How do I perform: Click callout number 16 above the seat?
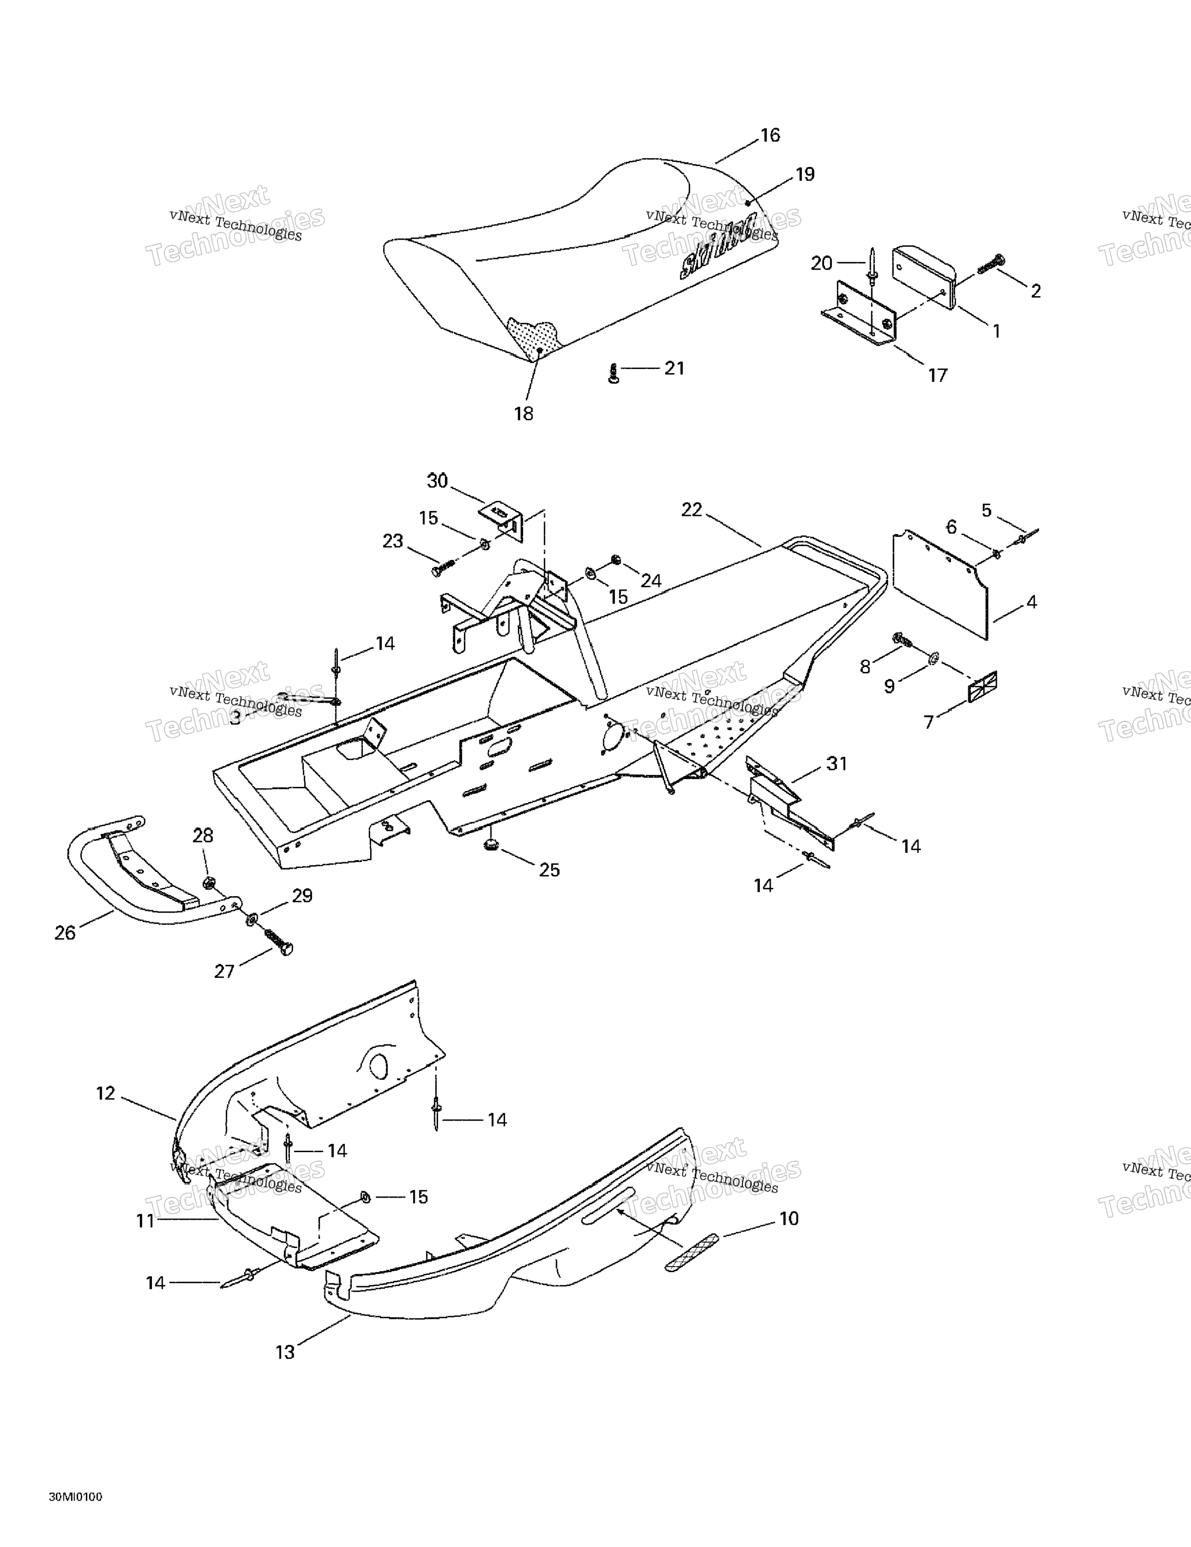tap(770, 135)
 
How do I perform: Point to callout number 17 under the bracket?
tap(937, 376)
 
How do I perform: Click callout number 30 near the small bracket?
tap(437, 481)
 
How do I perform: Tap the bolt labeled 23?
tap(441, 567)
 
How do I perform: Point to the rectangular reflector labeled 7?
tap(982, 688)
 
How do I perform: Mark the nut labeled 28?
tap(209, 883)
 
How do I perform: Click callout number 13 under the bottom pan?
tap(284, 1352)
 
